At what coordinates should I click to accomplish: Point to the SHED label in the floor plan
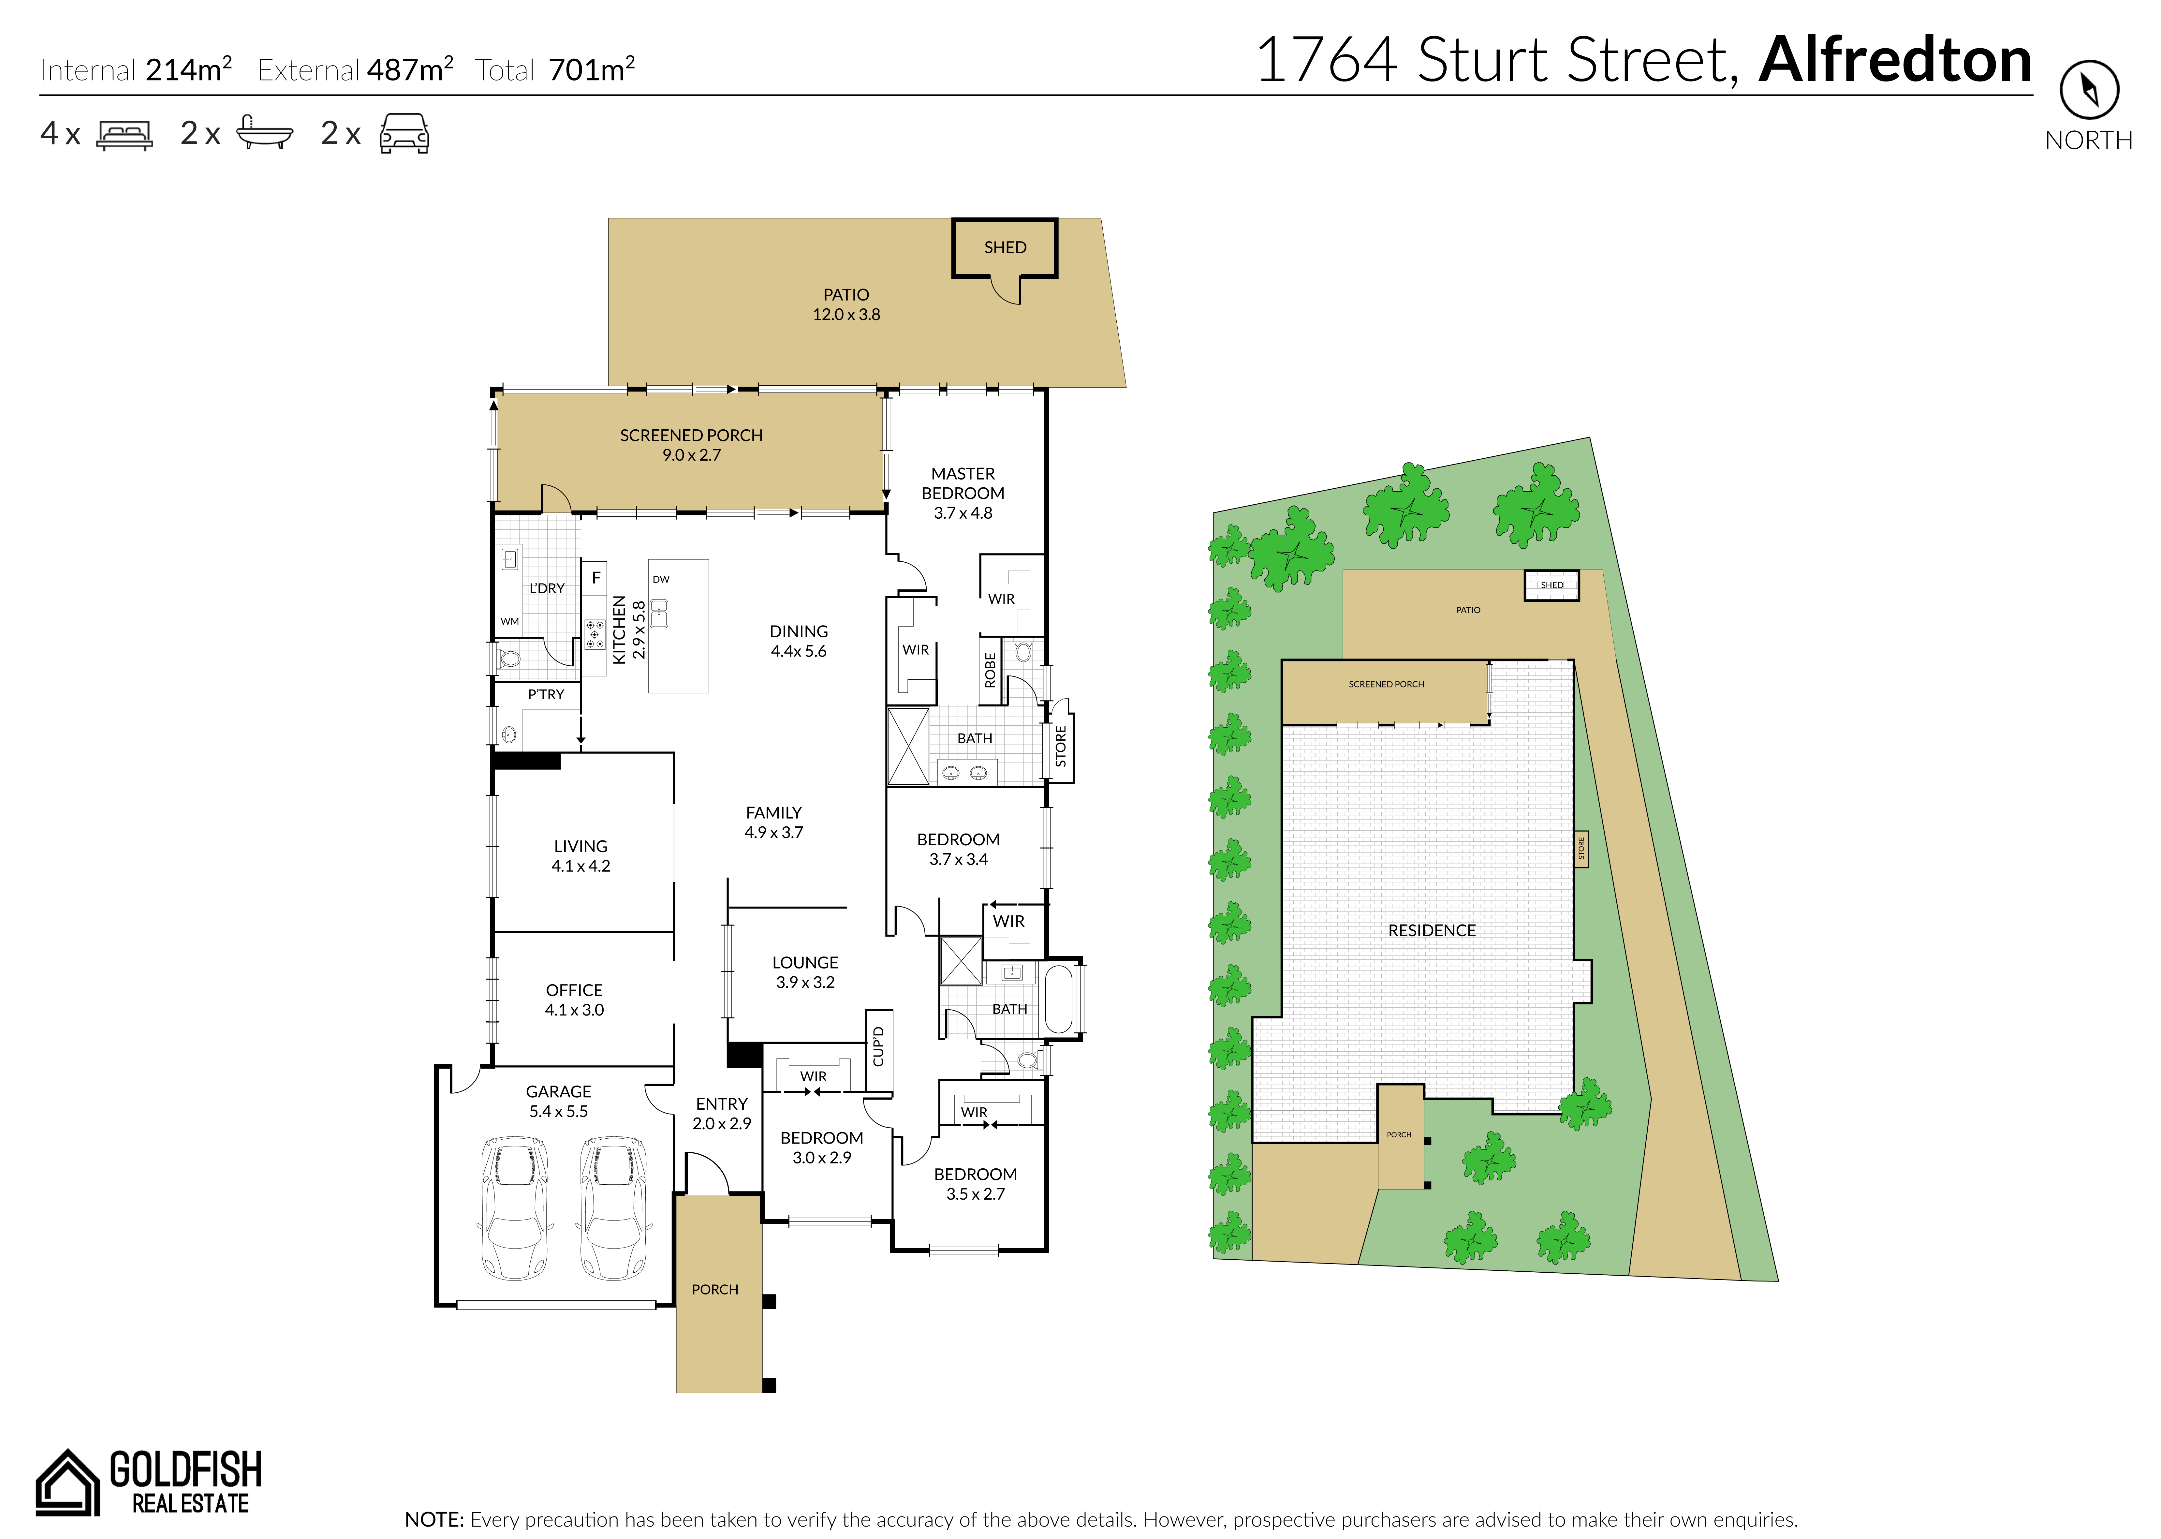coord(1005,247)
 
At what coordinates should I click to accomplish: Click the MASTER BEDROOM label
coord(963,483)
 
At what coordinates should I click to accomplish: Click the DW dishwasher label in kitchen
coord(661,579)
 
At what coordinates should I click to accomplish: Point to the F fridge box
coord(596,577)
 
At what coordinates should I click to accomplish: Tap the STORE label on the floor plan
coord(1061,747)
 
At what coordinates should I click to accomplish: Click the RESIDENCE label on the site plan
coord(1432,931)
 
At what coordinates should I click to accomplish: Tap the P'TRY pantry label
coord(546,695)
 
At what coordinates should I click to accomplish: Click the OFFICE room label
coord(574,990)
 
